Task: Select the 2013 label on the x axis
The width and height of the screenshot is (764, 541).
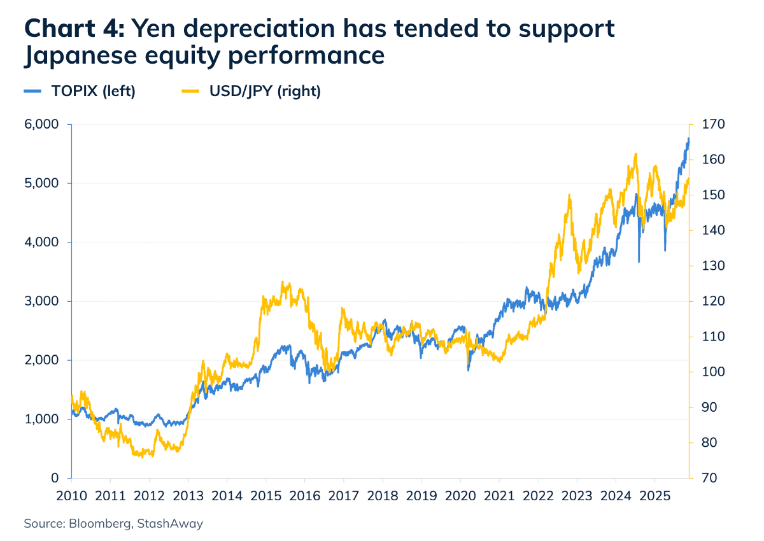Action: pos(188,495)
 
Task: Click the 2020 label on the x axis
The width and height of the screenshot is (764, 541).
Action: pos(460,495)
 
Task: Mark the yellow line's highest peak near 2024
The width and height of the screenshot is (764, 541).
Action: pos(635,154)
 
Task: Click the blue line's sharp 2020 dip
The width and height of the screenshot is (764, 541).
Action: pos(469,370)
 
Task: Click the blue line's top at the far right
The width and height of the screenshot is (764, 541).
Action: pos(688,138)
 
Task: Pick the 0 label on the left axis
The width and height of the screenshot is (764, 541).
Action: pos(55,478)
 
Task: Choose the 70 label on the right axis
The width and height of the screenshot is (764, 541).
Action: pos(707,478)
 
